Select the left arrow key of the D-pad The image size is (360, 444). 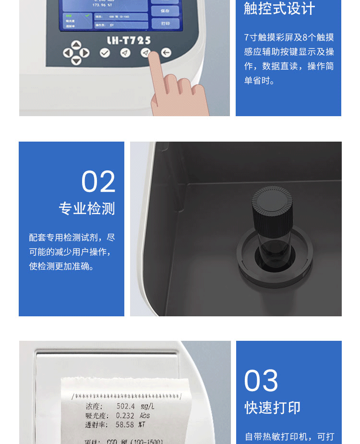68,53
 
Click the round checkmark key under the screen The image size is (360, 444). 105,53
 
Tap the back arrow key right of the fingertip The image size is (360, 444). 166,53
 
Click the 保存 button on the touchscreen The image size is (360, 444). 165,10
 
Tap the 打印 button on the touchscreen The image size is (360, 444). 165,24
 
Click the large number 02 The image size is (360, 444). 98,182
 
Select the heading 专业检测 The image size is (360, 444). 87,209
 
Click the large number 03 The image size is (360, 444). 261,381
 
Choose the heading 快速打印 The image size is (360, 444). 273,408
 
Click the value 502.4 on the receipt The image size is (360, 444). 125,407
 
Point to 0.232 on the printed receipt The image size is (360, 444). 125,416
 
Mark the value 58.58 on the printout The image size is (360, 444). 124,425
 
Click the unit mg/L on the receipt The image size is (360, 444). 146,407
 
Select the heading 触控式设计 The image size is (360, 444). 279,9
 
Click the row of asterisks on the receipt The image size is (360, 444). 126,396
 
